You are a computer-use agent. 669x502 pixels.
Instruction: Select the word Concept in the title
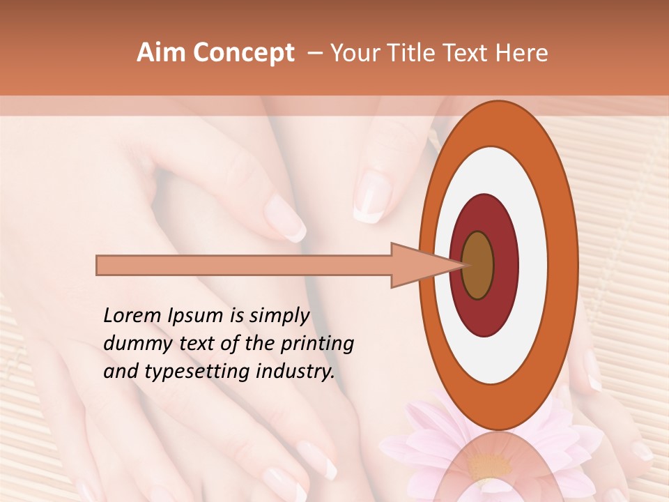click(x=243, y=53)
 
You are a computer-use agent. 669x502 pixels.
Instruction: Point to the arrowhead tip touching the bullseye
click(x=463, y=265)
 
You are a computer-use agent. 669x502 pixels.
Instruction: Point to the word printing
click(x=317, y=344)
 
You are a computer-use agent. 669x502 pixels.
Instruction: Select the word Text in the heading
click(x=472, y=53)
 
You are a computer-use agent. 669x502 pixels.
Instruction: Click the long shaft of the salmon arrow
click(x=244, y=265)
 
